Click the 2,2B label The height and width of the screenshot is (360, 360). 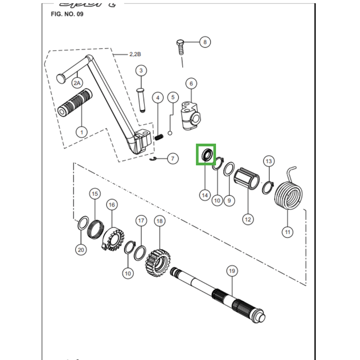pyautogui.click(x=135, y=54)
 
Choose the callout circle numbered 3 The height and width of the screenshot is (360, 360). pyautogui.click(x=140, y=71)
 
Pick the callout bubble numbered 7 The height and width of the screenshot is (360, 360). pyautogui.click(x=172, y=158)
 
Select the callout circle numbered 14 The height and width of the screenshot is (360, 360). pyautogui.click(x=205, y=195)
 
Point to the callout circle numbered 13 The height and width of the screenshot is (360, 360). pyautogui.click(x=269, y=161)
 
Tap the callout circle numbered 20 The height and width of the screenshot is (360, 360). pyautogui.click(x=81, y=249)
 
